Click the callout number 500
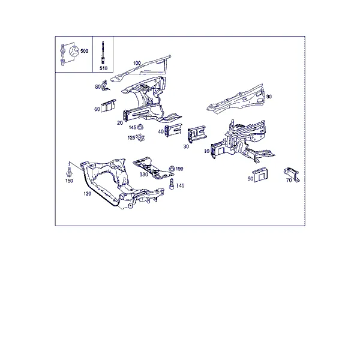click(x=84, y=51)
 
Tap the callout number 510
click(x=103, y=68)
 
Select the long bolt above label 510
click(x=103, y=53)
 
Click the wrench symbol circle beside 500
click(x=74, y=52)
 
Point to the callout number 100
click(x=137, y=63)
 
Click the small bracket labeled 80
click(x=105, y=85)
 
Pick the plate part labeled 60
click(x=109, y=106)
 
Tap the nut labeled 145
click(x=140, y=127)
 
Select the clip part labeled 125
click(x=140, y=138)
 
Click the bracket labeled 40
click(x=173, y=130)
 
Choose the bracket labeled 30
click(x=197, y=134)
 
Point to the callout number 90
click(x=269, y=97)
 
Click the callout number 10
click(x=206, y=151)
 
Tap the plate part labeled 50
click(x=261, y=175)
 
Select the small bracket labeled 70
click(x=292, y=174)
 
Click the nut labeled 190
click(x=172, y=169)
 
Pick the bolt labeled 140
click(x=172, y=185)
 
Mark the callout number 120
click(x=87, y=194)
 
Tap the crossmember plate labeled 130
click(x=152, y=168)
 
